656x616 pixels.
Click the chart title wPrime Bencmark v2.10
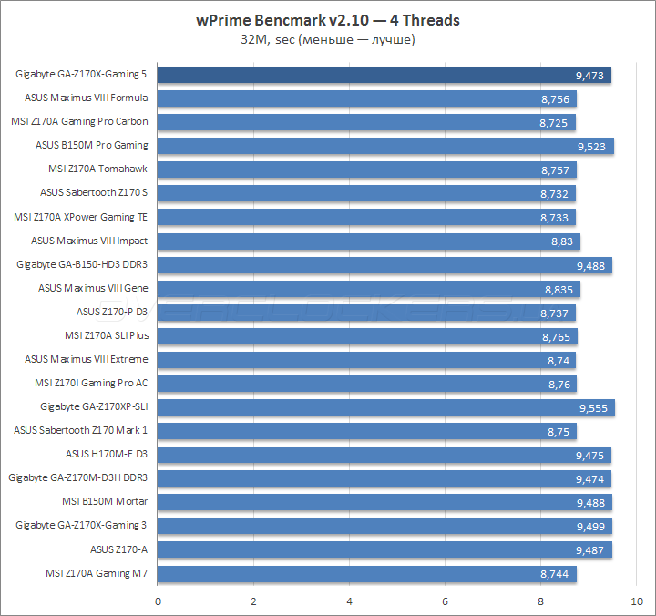[327, 20]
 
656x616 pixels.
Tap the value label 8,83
[561, 241]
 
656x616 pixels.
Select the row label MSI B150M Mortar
[105, 501]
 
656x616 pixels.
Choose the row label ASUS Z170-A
[118, 549]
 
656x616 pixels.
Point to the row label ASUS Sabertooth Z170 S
[94, 192]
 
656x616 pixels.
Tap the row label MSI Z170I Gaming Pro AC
[91, 383]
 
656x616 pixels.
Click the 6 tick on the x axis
[445, 601]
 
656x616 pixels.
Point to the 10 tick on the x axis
[635, 601]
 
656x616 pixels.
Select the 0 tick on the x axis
[159, 601]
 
